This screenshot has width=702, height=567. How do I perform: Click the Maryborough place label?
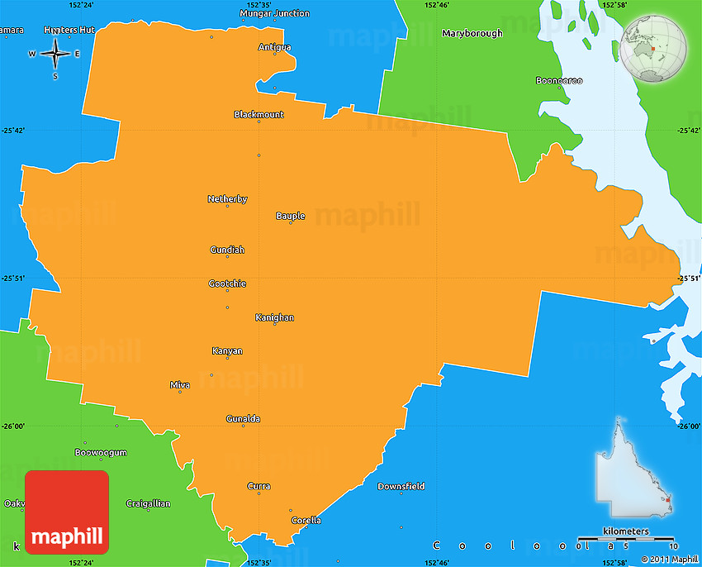coord(472,34)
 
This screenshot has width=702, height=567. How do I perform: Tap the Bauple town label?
coord(291,216)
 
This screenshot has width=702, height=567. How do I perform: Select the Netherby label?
coord(227,199)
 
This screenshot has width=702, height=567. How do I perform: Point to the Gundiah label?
coord(227,250)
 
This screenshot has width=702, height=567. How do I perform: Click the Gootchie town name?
coord(227,283)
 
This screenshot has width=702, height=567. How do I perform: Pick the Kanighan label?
coord(274,317)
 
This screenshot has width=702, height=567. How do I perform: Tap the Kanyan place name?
coord(227,351)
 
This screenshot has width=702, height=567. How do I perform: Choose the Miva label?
coord(179,385)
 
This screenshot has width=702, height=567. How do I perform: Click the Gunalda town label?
coord(243,419)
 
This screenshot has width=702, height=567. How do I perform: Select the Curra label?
coord(259,486)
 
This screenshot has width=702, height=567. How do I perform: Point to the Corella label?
coord(306,520)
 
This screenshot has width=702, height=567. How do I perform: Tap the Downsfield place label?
coord(401,486)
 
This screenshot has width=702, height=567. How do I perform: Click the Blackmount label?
coord(259,114)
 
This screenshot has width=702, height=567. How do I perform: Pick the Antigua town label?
coord(274,47)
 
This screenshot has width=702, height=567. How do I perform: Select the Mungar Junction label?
coord(274,13)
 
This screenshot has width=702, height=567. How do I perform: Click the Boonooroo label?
coord(559,80)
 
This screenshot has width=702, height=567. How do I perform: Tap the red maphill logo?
coord(67,512)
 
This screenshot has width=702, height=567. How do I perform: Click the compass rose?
coord(55,55)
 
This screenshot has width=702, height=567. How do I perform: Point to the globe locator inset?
coord(654,50)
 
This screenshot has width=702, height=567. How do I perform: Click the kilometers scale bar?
coord(626,539)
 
